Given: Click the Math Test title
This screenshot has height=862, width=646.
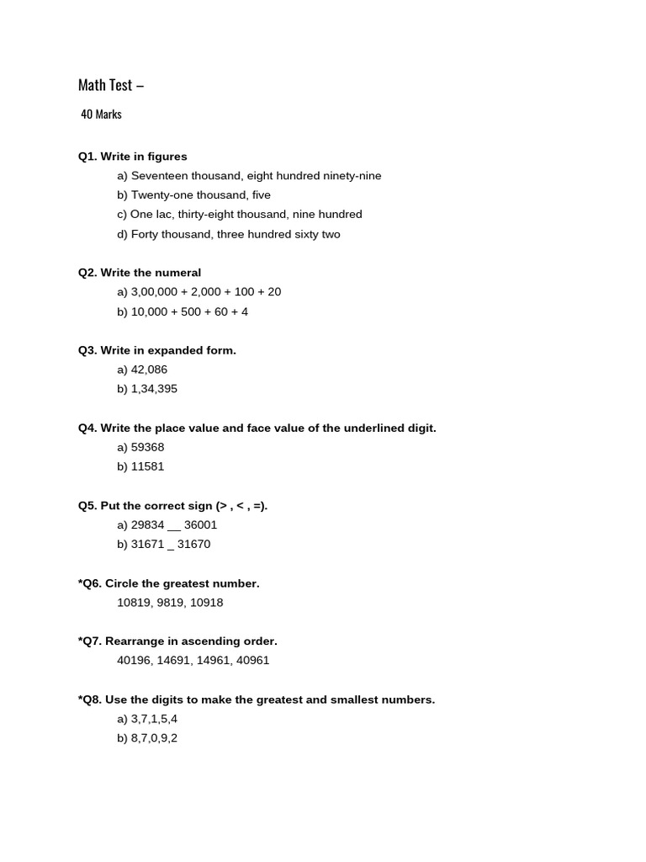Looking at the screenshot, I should coord(110,85).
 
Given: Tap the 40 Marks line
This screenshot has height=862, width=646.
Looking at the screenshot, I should coord(101,114).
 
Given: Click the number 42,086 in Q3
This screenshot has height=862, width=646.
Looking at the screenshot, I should coord(149,370).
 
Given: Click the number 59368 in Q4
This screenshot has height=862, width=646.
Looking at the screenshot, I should coord(148,447).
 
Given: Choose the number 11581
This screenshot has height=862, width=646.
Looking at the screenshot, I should coord(148,466).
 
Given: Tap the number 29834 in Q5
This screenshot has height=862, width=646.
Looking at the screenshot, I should coord(148,524).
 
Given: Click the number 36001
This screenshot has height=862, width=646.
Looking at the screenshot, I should coord(200,524).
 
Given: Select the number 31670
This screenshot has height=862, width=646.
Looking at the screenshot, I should coord(193,544).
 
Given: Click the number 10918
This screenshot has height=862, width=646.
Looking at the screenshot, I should coord(206,603).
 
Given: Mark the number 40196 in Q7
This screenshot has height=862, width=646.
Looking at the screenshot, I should coord(135,661).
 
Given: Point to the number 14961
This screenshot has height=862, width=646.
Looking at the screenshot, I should coord(214,661).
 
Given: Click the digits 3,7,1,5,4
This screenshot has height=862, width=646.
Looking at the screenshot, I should coord(154,719).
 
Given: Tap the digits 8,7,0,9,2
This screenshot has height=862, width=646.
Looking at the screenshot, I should coord(154,738).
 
